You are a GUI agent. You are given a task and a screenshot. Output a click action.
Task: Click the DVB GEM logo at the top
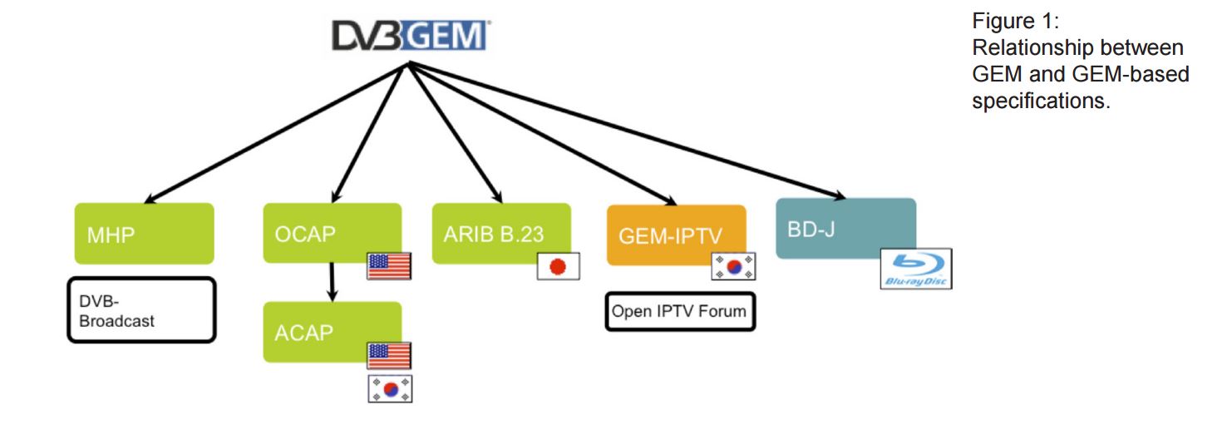click(x=411, y=36)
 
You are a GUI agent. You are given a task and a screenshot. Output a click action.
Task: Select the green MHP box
click(x=144, y=234)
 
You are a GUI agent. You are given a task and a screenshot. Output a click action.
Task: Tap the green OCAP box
click(x=332, y=233)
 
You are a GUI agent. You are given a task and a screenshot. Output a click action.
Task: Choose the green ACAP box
click(x=332, y=332)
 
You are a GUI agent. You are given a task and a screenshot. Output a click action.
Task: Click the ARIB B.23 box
click(x=500, y=233)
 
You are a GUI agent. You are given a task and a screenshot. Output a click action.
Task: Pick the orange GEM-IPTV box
click(x=676, y=235)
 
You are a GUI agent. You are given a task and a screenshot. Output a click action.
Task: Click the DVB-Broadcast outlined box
click(x=141, y=309)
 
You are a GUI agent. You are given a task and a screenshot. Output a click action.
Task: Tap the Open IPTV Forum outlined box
click(x=680, y=312)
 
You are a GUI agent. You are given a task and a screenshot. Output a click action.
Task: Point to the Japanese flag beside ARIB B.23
click(x=558, y=266)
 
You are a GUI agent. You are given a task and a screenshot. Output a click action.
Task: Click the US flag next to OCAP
click(x=389, y=266)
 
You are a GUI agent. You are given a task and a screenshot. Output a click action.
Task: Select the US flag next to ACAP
click(x=389, y=355)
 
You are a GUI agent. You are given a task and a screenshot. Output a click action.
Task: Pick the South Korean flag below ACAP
click(x=390, y=388)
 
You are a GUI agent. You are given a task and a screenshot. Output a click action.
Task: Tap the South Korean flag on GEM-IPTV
click(x=734, y=266)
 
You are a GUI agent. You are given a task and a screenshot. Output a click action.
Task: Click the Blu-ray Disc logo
click(x=915, y=269)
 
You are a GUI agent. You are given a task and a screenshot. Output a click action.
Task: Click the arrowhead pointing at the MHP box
click(x=150, y=200)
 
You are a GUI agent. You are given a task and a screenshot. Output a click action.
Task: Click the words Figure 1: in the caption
click(x=1014, y=21)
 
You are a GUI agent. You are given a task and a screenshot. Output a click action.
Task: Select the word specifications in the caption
click(x=1041, y=102)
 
